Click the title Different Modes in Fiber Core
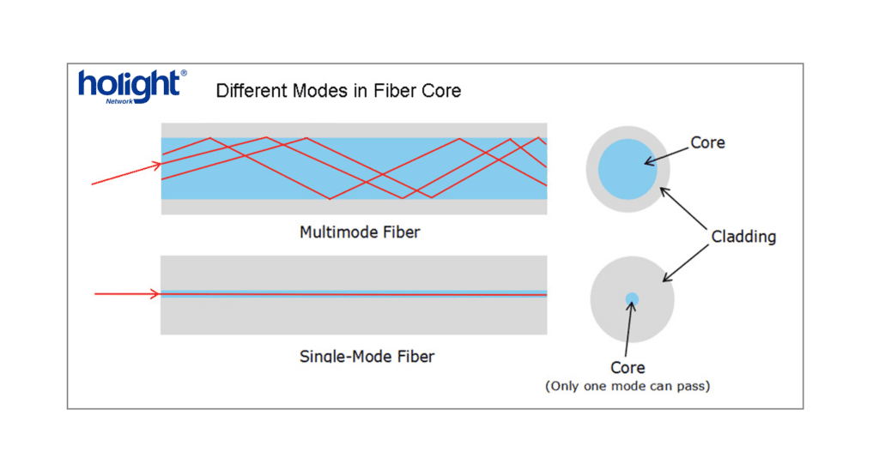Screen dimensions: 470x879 [338, 91]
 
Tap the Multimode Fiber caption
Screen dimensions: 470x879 [360, 232]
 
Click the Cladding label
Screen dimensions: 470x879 [743, 237]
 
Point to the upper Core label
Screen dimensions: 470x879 [707, 142]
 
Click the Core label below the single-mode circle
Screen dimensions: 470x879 [627, 367]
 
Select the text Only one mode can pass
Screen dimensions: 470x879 [627, 387]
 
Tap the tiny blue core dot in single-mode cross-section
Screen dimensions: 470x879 [632, 299]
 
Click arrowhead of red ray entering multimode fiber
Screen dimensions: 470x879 [158, 165]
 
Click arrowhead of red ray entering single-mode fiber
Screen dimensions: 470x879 [157, 294]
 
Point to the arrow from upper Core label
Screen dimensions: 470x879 [666, 152]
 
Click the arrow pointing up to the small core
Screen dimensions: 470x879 [629, 330]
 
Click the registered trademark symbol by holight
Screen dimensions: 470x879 [183, 74]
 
